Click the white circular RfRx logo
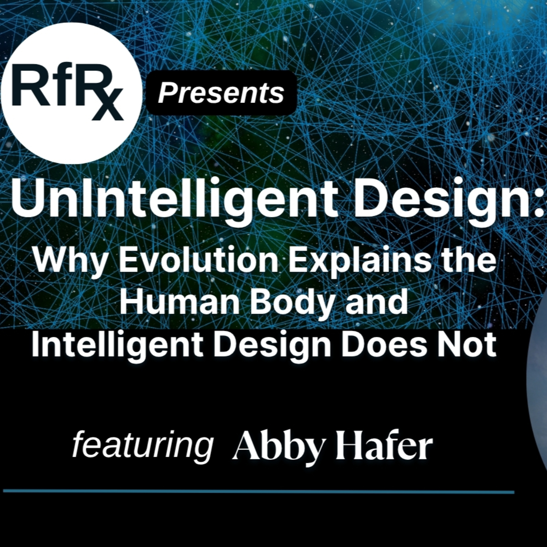(x=71, y=93)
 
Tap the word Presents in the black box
(x=221, y=93)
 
